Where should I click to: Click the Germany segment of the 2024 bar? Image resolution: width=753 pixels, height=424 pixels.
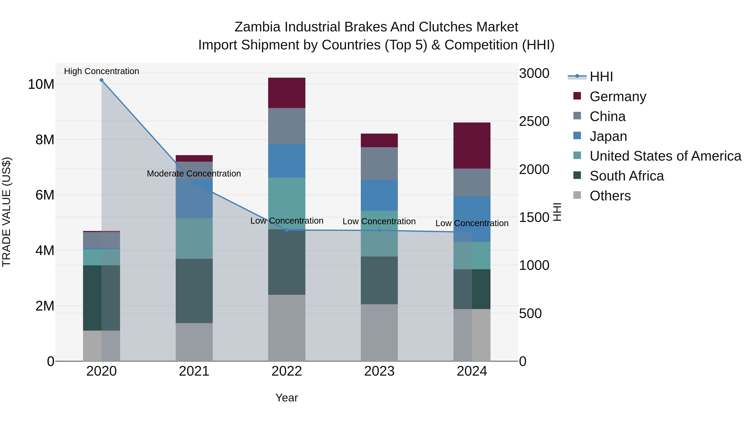(x=472, y=146)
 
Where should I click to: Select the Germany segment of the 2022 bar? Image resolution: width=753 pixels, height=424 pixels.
(x=287, y=93)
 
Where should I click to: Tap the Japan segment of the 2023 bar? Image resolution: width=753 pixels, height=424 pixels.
(x=379, y=195)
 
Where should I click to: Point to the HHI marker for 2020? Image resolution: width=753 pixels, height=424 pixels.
(x=101, y=80)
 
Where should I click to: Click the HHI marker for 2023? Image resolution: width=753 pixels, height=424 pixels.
(x=379, y=230)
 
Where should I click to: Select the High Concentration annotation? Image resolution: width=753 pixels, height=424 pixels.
(x=101, y=71)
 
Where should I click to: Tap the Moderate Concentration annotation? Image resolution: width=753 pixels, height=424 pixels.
(x=194, y=174)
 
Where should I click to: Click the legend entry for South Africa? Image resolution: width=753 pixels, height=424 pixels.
(x=626, y=176)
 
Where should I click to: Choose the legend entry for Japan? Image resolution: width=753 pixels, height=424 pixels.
(x=608, y=136)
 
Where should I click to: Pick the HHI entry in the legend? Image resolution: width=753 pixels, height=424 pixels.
(x=601, y=77)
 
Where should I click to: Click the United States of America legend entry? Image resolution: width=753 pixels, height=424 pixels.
(x=665, y=156)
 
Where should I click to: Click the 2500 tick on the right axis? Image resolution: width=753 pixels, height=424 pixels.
(x=534, y=121)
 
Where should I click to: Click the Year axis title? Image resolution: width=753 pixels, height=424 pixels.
(x=287, y=398)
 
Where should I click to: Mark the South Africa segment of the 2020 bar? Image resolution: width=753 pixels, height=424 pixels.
(x=101, y=298)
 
